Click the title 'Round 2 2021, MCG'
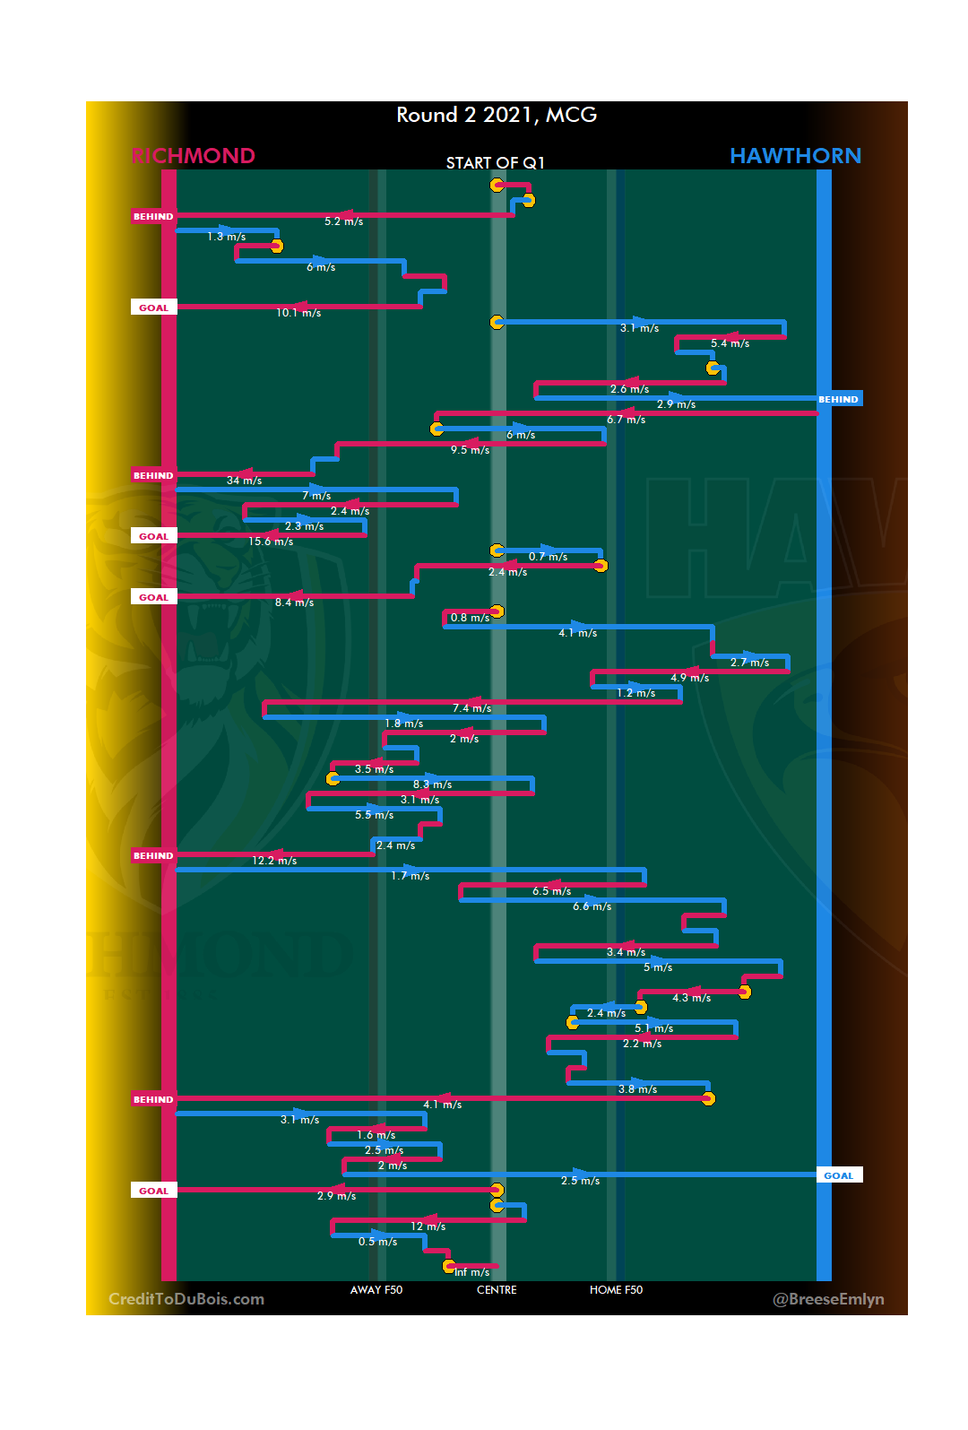coord(497,115)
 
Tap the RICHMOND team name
coord(193,156)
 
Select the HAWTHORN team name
coord(795,156)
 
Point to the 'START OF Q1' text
coord(496,162)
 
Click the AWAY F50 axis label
coord(376,1290)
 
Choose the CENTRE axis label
coord(497,1290)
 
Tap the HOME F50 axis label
coord(616,1290)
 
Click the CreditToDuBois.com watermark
coord(186,1299)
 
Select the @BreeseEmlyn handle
coord(828,1299)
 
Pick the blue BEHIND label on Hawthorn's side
coord(839,400)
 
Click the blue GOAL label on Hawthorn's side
coord(839,1175)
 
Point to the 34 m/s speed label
coord(244,481)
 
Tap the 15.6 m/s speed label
coord(271,542)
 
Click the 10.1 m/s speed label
coord(298,313)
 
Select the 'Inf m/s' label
coord(471,1272)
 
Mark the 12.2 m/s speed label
coord(274,861)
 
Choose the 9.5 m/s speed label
coord(470,450)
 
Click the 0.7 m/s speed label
coord(548,557)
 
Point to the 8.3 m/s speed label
coord(432,784)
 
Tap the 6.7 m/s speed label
coord(626,420)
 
